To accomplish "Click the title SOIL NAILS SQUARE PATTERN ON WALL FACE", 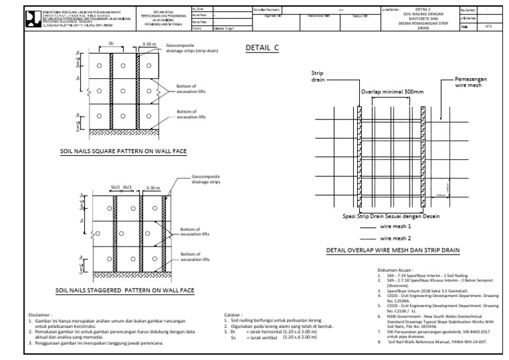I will coord(123,151).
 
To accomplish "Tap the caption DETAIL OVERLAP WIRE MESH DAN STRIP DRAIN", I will coord(392,251).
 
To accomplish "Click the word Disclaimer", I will coord(38,314).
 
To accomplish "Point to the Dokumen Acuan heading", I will coord(396,270).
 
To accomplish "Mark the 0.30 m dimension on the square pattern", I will coord(150,44).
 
